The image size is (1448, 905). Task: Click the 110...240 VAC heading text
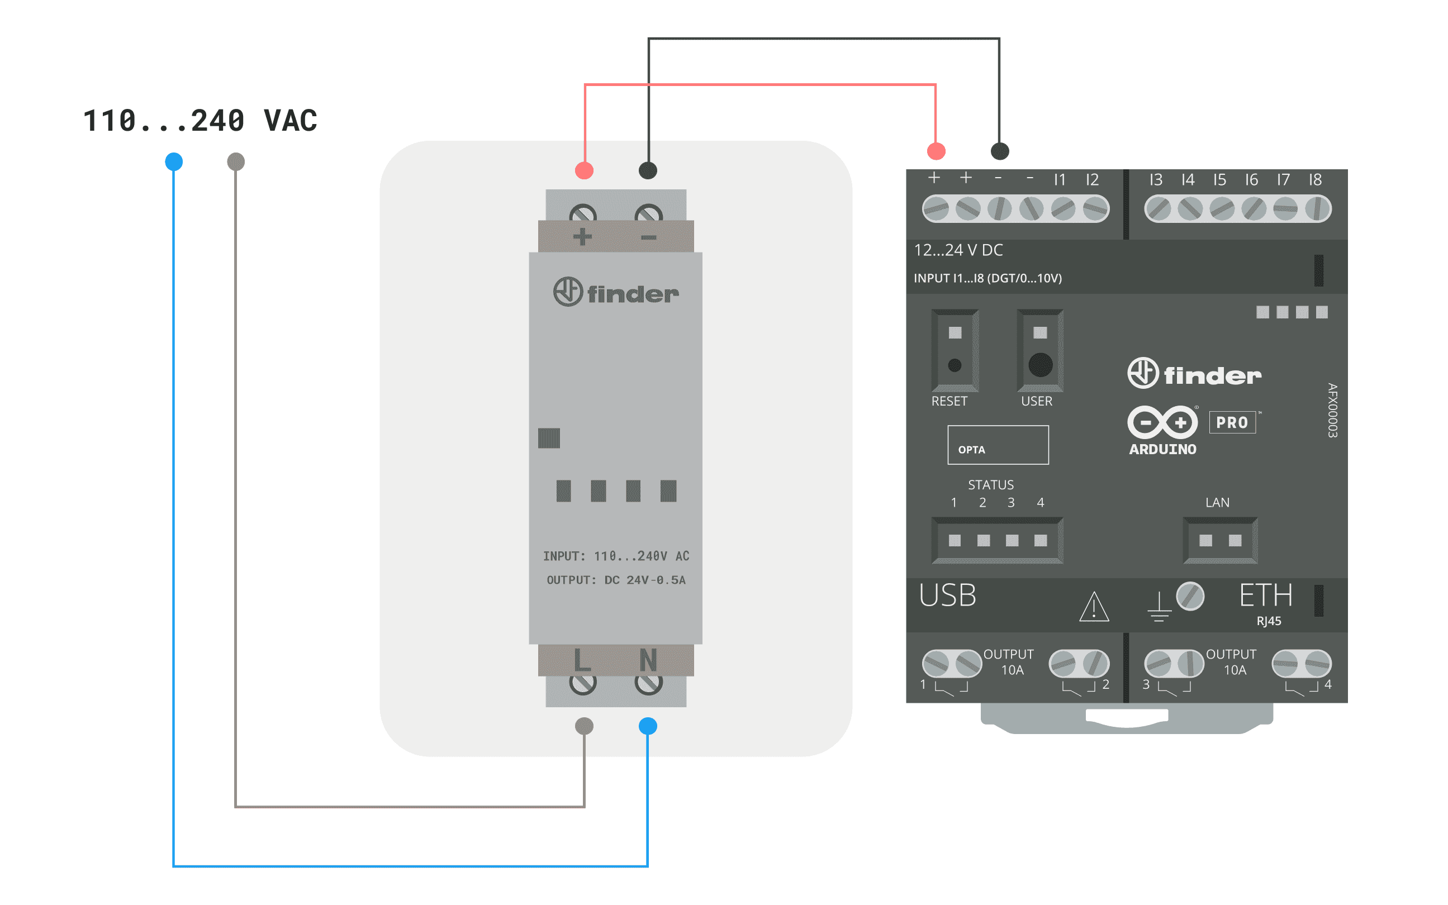200,120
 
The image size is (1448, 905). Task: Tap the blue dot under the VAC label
174,161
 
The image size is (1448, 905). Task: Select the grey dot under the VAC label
236,161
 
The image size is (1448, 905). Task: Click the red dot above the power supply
584,170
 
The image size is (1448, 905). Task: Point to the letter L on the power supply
582,661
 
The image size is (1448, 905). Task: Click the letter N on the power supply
648,661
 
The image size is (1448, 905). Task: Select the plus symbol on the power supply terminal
582,237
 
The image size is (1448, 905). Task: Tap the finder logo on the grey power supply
616,292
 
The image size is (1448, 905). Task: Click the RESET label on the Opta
949,401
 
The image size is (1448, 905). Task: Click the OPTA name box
998,445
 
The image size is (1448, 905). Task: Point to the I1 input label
1060,179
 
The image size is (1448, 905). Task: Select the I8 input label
1314,179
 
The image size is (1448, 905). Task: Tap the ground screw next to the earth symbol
1190,596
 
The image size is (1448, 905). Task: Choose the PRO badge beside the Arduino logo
1232,422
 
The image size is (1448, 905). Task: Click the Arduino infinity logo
1162,422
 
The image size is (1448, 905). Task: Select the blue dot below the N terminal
648,726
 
